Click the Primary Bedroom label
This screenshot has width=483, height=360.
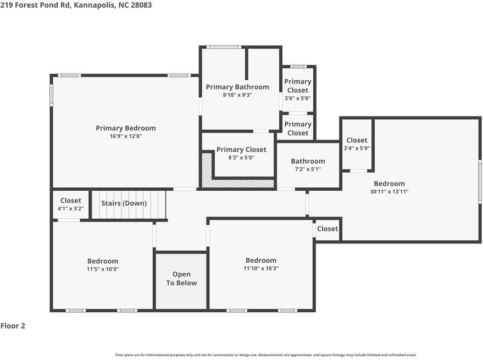tap(126, 128)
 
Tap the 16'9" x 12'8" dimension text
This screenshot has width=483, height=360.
tap(126, 136)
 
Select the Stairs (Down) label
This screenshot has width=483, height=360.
tap(124, 203)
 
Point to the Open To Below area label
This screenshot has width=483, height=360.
tap(181, 279)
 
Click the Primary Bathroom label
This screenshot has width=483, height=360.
tap(237, 87)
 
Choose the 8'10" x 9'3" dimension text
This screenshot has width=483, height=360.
tap(237, 95)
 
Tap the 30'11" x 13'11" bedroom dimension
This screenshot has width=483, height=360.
tap(390, 191)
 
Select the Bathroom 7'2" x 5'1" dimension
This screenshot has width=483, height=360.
tap(308, 169)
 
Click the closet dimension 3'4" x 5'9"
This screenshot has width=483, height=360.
tap(357, 148)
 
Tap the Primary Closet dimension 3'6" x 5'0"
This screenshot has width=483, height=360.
tap(298, 98)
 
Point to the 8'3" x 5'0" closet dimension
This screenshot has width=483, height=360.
tap(241, 158)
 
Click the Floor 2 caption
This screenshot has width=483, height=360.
tap(13, 326)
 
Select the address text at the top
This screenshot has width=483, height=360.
tap(76, 5)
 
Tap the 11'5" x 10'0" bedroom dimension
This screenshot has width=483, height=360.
tap(103, 269)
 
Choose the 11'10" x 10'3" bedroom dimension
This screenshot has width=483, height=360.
tap(261, 268)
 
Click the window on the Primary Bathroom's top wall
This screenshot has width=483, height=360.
tap(224, 47)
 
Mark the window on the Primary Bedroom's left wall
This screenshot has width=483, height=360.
tap(52, 95)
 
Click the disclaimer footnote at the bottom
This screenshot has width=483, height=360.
tap(266, 355)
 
